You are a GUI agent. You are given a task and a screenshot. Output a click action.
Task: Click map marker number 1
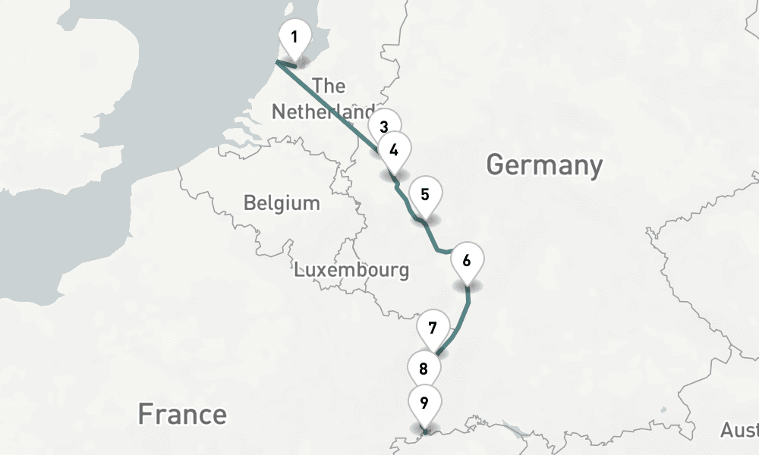294,36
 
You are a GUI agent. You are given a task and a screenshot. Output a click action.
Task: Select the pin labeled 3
384,127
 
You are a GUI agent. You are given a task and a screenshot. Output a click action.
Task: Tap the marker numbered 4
393,149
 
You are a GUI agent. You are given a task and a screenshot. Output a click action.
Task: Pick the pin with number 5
425,194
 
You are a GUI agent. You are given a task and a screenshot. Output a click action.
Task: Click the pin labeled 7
433,328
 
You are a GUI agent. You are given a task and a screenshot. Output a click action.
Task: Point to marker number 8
424,369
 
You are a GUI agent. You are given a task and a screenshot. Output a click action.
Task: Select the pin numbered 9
424,402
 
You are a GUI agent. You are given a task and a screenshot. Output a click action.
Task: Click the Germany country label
544,165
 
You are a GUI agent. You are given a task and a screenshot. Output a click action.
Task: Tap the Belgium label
282,203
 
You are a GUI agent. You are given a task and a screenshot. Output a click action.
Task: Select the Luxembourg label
351,270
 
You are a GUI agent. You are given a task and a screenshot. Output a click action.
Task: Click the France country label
182,415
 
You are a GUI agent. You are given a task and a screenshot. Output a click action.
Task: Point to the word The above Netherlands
329,86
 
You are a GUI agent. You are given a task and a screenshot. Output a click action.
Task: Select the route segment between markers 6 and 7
460,327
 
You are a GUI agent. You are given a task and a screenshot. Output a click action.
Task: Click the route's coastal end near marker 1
277,62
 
